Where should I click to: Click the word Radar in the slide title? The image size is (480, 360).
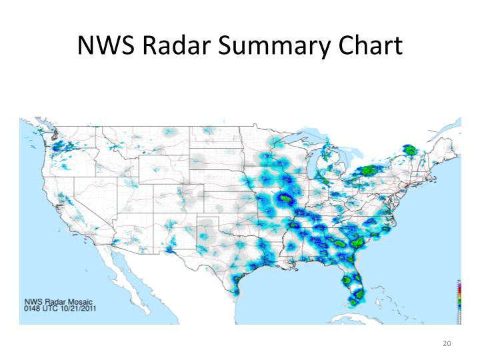pyautogui.click(x=175, y=46)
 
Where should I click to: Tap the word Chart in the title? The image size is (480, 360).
pyautogui.click(x=369, y=46)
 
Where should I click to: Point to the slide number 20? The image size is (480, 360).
pyautogui.click(x=447, y=343)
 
